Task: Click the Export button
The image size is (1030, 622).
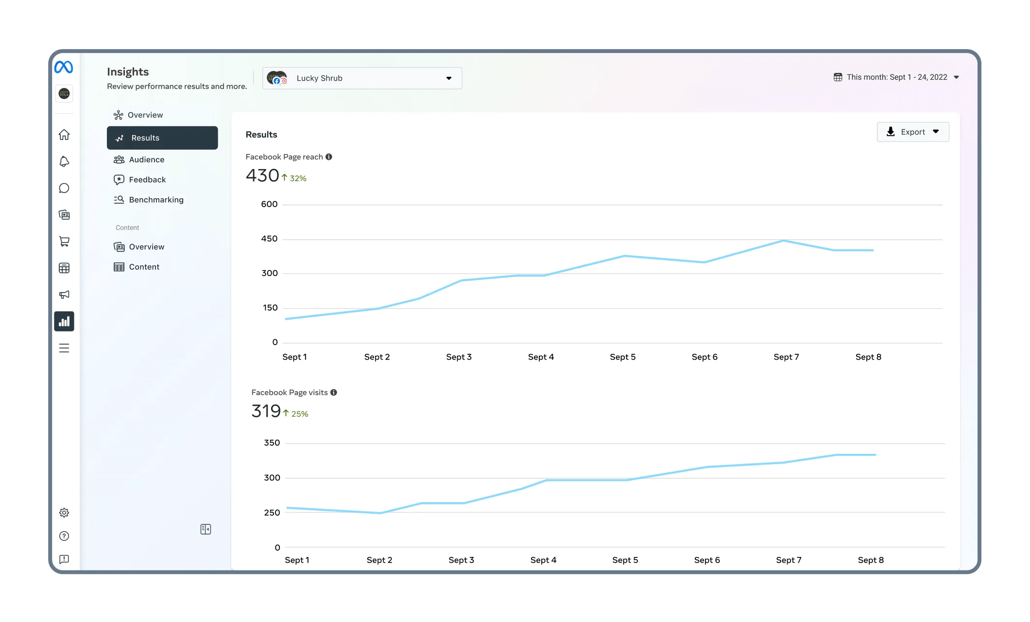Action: coord(912,132)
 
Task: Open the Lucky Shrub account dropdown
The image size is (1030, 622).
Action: coord(362,78)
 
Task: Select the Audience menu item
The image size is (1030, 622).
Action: coord(146,160)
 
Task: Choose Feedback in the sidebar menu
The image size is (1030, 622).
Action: coord(147,180)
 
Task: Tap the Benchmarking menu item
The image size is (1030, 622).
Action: coord(156,200)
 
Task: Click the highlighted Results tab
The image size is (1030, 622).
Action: coord(162,138)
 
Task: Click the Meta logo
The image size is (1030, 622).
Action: coord(64,67)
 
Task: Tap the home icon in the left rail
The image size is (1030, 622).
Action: coord(64,135)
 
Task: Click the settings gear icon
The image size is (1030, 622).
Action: coord(64,513)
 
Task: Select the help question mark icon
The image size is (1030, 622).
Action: coord(64,536)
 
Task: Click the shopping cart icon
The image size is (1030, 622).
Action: coord(64,242)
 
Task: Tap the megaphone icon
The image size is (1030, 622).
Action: coord(64,294)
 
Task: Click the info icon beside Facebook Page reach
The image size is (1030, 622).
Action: coord(329,157)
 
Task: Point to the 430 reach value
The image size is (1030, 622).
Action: coord(262,175)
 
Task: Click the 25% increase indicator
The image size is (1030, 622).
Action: coord(296,414)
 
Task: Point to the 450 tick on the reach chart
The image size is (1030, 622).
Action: coord(269,239)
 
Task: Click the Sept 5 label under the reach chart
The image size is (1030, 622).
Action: coord(622,357)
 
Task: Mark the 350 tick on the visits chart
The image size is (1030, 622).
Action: coord(272,443)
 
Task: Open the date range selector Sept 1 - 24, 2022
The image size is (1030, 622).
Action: coord(896,77)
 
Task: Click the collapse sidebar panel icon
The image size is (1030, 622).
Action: coord(206,529)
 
